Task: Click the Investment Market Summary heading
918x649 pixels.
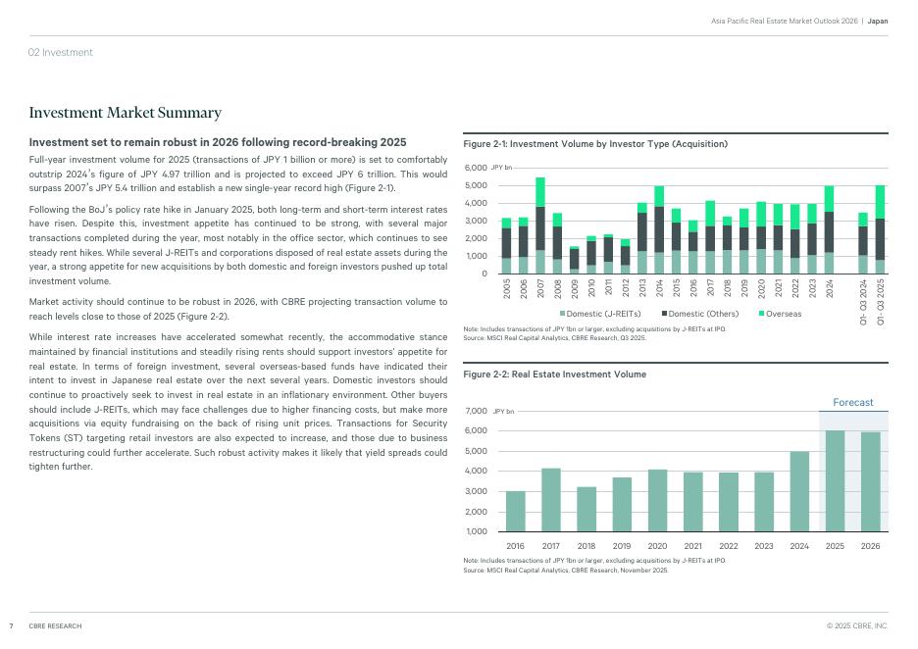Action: (126, 114)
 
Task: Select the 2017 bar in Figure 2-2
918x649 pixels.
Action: (550, 500)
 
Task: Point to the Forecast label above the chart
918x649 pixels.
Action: (852, 403)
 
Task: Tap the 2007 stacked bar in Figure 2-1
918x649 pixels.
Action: (540, 225)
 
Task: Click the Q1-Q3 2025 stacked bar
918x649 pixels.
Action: (880, 229)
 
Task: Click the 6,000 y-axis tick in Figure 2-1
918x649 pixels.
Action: (475, 169)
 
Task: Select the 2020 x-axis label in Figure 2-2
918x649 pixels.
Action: (657, 546)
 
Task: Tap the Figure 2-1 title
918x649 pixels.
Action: (595, 144)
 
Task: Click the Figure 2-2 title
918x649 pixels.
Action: (554, 374)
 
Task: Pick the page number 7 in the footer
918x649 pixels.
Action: (11, 625)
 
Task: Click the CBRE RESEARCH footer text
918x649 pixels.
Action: (55, 625)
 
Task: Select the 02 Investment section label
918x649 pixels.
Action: (61, 52)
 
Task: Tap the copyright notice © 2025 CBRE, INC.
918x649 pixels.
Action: (856, 625)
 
